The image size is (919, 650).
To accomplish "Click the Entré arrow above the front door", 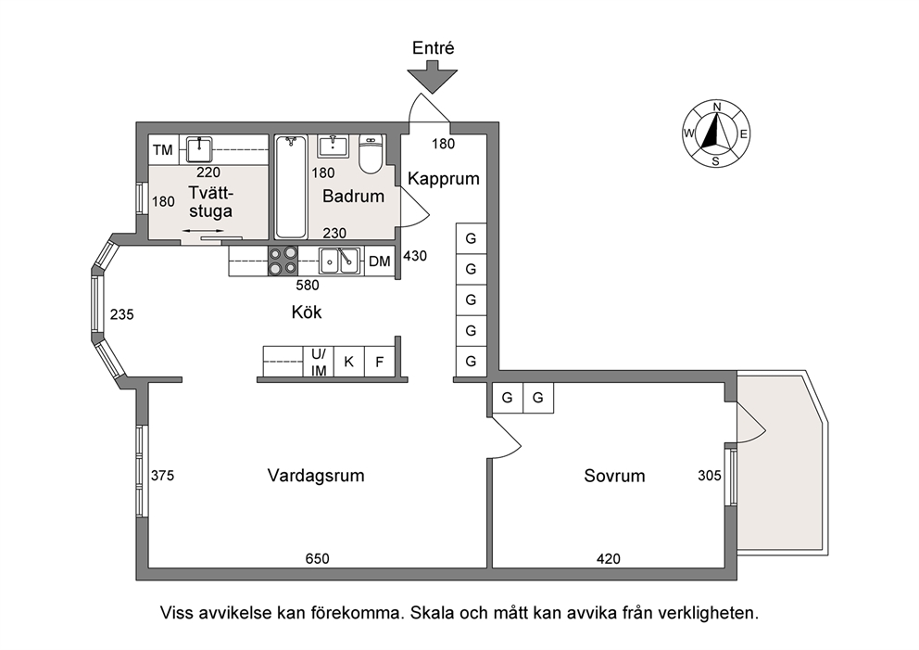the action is coord(433,77).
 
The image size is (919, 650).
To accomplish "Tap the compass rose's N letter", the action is coord(716,107).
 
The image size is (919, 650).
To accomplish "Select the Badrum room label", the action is coord(353,196).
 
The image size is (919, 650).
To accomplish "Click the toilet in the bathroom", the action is coord(371,154).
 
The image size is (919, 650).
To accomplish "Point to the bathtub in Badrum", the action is coord(291,186).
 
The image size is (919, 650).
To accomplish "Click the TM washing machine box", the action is coord(163,149).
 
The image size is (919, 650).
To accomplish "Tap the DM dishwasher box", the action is coord(380,261).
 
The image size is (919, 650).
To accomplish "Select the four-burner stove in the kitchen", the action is coord(283,261).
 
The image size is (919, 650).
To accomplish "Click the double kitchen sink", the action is coord(339,261).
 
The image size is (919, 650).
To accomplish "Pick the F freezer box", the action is coord(380,362).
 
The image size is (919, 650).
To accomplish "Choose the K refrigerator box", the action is coord(348,362).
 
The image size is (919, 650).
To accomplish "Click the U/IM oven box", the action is coord(319,362).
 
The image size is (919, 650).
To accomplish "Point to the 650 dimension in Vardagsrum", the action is coord(317,558).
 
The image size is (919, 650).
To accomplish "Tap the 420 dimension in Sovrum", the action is coord(609,559).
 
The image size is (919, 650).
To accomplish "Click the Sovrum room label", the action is coord(614,475).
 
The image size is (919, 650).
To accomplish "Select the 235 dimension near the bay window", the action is coord(122,314).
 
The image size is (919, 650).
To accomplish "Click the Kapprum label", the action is coord(444,178).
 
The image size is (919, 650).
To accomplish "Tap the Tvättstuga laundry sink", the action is coord(200,149).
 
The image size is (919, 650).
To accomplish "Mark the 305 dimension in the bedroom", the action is coord(710,475).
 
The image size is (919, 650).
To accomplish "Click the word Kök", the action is coord(307,312).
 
